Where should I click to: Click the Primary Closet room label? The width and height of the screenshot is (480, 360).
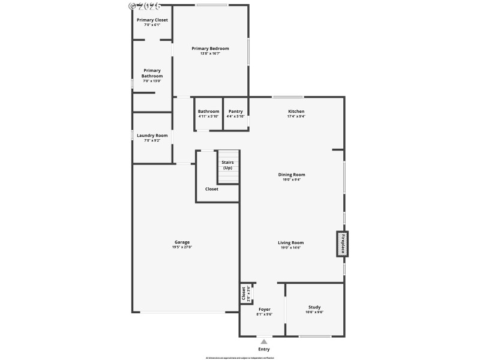tap(152, 20)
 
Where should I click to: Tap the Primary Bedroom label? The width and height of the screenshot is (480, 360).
tap(210, 49)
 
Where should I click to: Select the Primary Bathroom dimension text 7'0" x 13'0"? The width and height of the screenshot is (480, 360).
tap(152, 81)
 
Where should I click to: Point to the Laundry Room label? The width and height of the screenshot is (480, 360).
tap(152, 136)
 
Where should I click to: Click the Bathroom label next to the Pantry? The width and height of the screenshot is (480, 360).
tap(208, 111)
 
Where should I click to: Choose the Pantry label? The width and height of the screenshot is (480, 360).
tap(235, 111)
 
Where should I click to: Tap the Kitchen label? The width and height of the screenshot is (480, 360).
tap(296, 112)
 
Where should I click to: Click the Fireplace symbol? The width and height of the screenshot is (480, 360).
tap(342, 244)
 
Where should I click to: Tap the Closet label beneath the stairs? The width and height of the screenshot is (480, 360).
tap(212, 189)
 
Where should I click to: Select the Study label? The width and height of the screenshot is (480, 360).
tap(314, 307)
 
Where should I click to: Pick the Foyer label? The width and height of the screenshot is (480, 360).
tap(265, 309)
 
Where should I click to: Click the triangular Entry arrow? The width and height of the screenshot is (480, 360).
tap(263, 341)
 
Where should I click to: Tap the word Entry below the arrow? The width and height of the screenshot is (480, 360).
tap(263, 349)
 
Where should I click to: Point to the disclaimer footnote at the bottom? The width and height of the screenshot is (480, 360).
tap(239, 358)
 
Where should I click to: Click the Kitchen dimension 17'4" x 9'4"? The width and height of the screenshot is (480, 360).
tap(296, 116)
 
